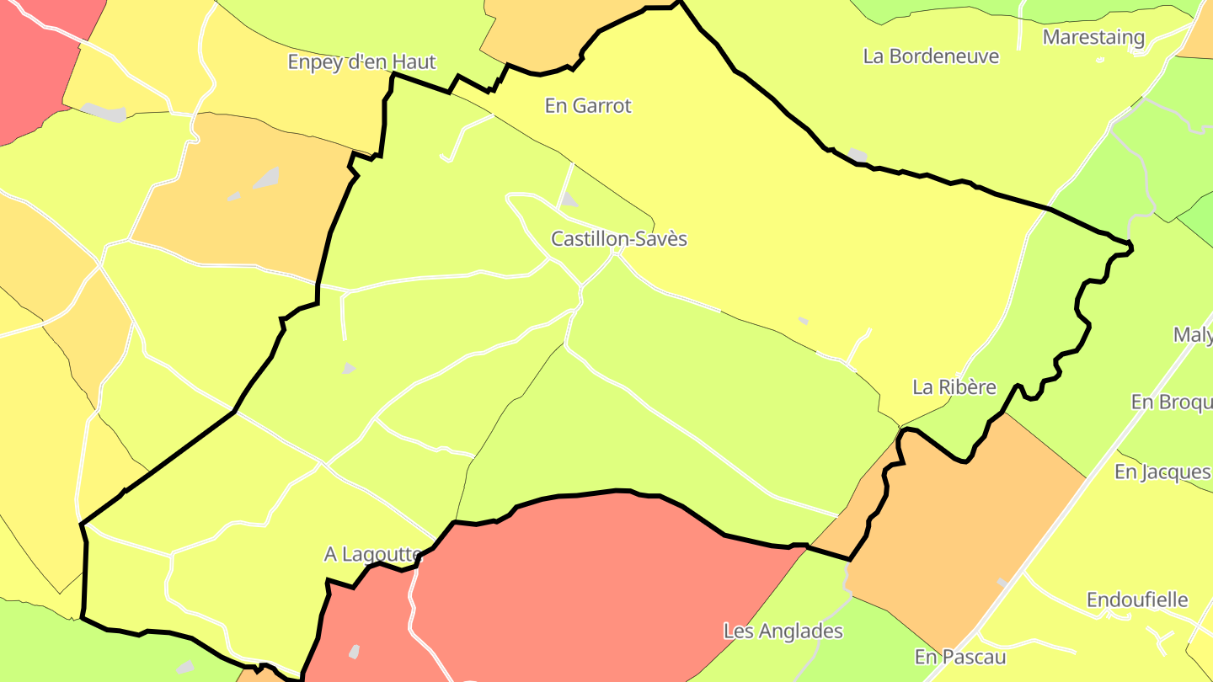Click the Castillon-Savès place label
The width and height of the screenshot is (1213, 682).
pyautogui.click(x=619, y=239)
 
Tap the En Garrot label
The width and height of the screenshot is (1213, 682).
pyautogui.click(x=588, y=106)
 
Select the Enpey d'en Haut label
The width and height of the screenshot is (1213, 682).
pyautogui.click(x=361, y=61)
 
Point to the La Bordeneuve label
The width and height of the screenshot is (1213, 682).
pyautogui.click(x=931, y=56)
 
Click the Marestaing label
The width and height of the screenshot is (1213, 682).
pyautogui.click(x=1093, y=37)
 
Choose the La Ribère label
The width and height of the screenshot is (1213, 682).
pyautogui.click(x=954, y=387)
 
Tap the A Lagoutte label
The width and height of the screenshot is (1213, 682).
pyautogui.click(x=372, y=554)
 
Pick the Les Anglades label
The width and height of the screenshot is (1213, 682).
pyautogui.click(x=783, y=631)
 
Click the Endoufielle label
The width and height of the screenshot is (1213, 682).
pyautogui.click(x=1137, y=600)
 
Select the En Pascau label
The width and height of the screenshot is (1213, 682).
pyautogui.click(x=960, y=656)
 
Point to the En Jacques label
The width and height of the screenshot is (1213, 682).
pyautogui.click(x=1162, y=472)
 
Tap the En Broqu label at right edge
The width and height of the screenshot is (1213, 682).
pyautogui.click(x=1171, y=402)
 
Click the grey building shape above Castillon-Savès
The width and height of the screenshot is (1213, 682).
pyautogui.click(x=569, y=200)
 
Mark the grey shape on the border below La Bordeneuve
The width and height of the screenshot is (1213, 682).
pyautogui.click(x=858, y=155)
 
